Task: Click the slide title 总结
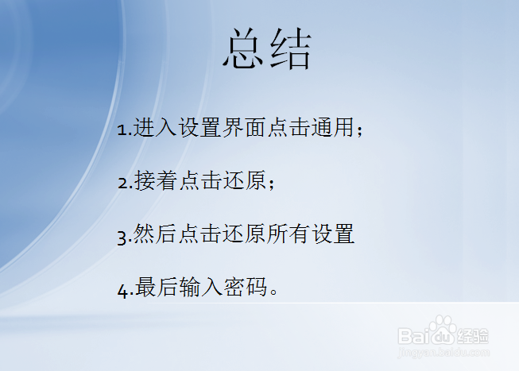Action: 266,50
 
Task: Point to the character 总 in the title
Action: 244,50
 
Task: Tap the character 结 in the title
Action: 289,50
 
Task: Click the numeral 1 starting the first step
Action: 121,130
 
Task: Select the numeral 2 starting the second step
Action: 122,184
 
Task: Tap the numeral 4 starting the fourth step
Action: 122,290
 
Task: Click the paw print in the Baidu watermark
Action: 443,327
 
